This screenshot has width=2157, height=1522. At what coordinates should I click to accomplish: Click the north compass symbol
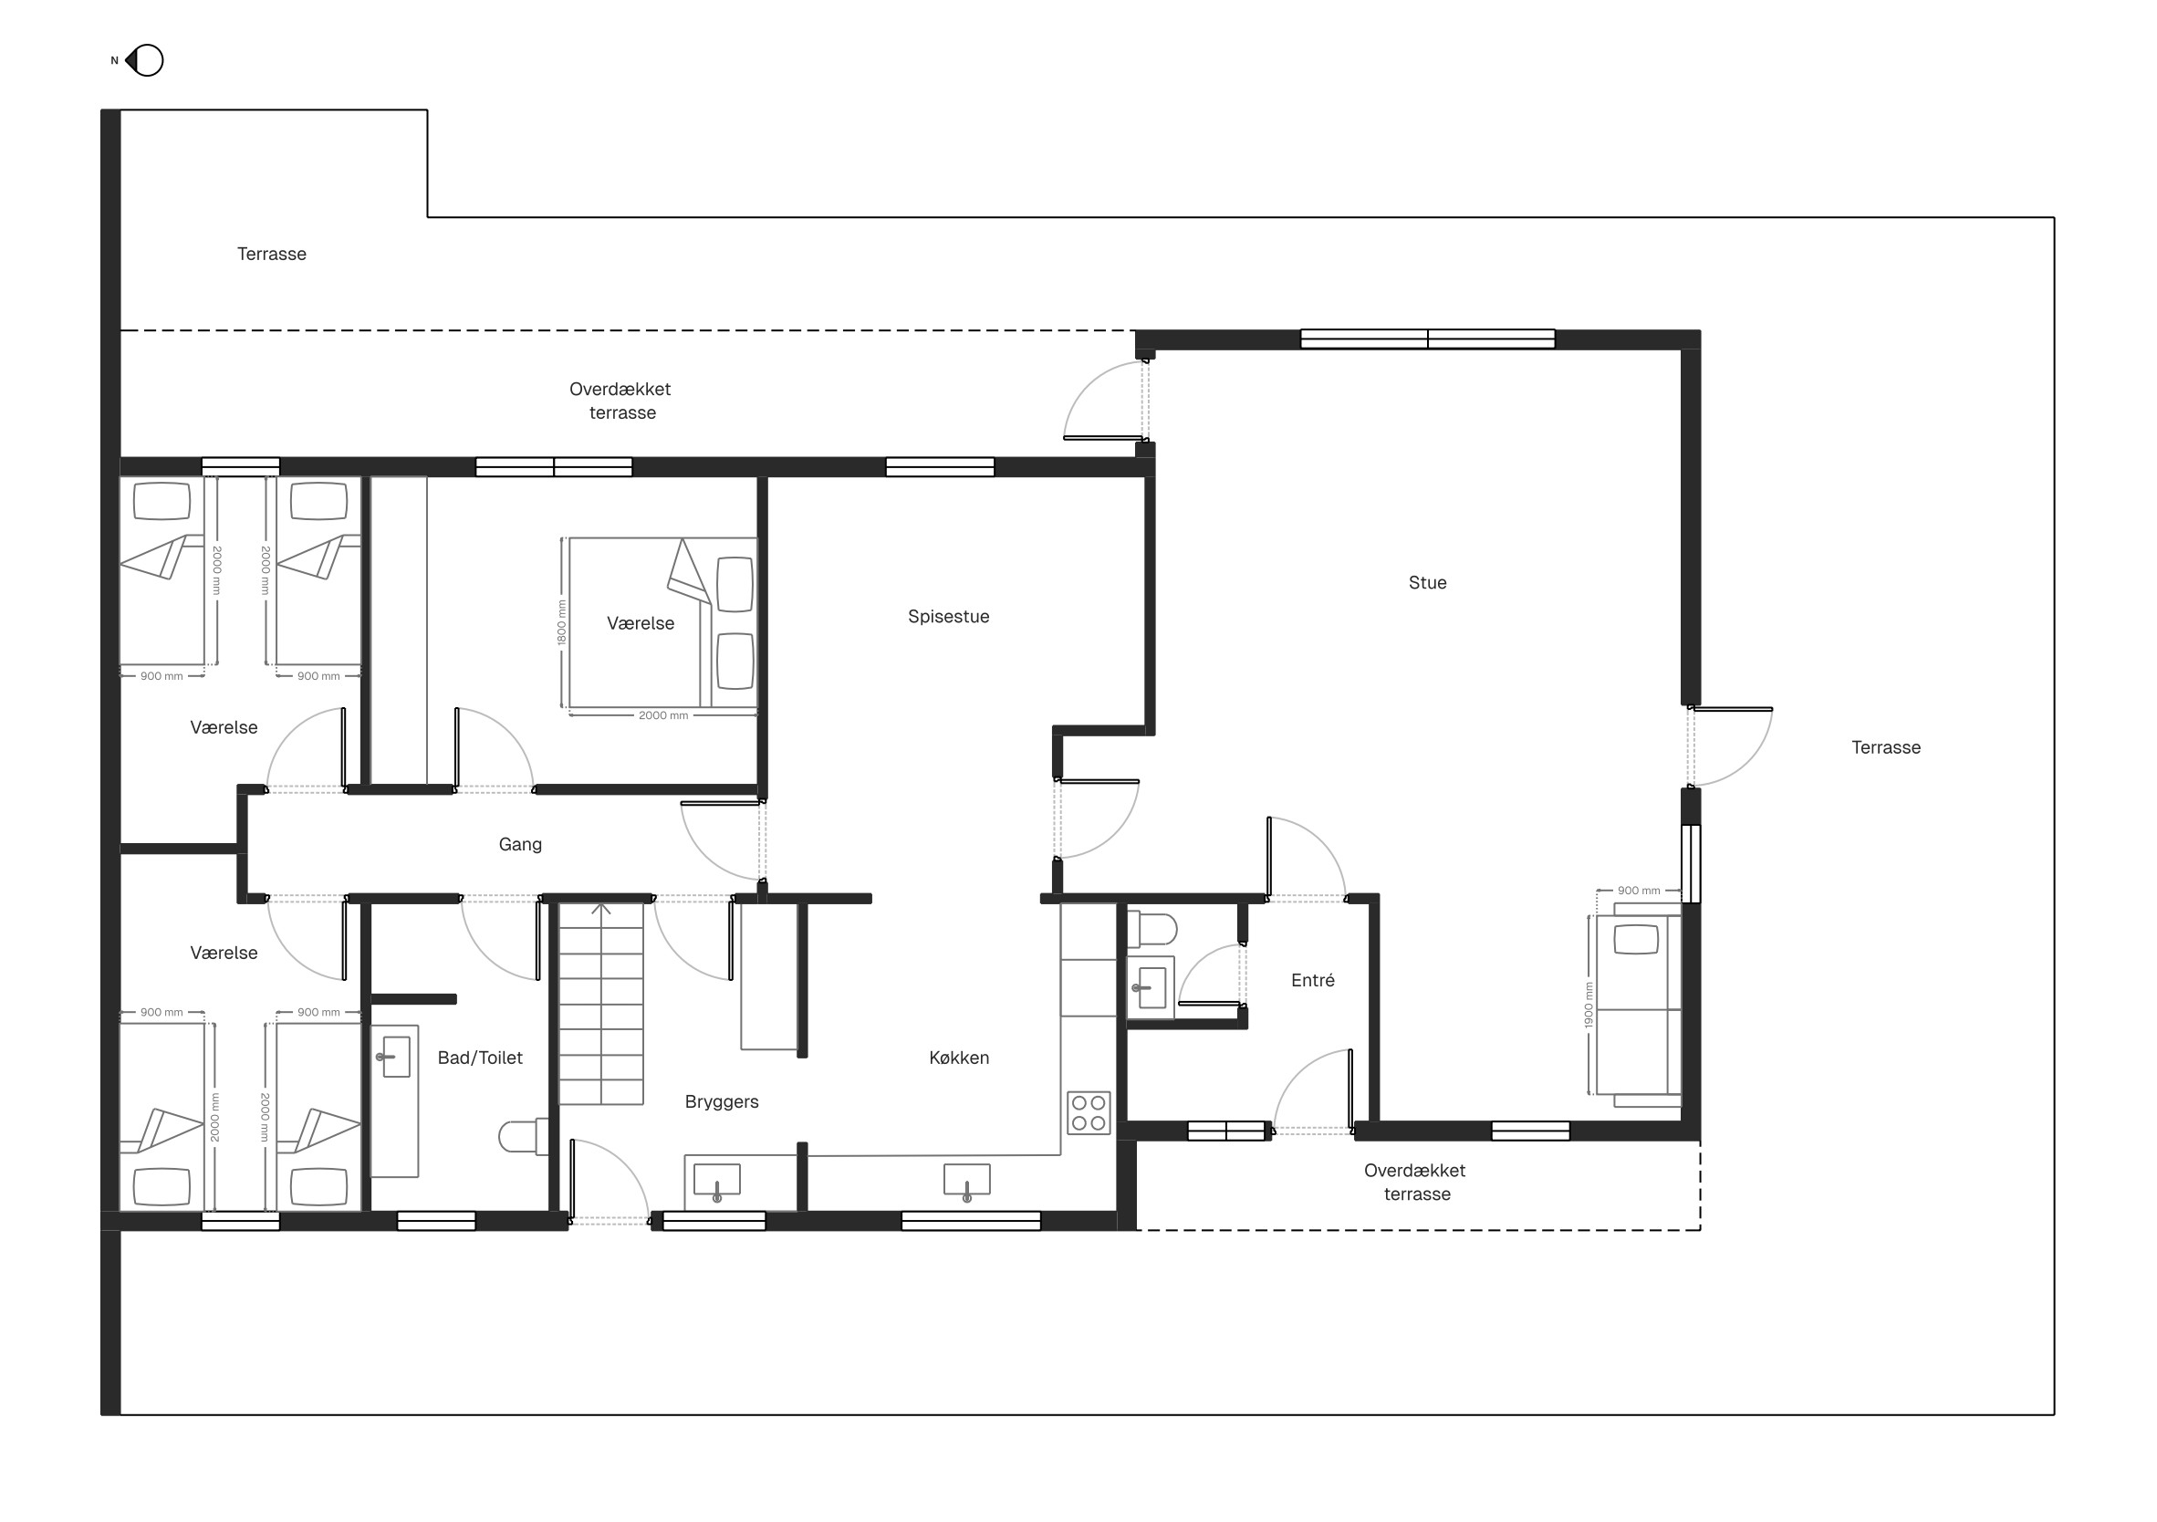click(144, 60)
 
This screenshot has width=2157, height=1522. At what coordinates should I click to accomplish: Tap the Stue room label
click(1427, 582)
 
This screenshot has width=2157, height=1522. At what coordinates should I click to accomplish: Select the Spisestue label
click(948, 616)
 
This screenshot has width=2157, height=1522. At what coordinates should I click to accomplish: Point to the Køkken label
click(958, 1057)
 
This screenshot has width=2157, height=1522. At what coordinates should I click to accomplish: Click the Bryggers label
click(722, 1102)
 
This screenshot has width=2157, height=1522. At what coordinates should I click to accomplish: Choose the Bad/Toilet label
click(480, 1058)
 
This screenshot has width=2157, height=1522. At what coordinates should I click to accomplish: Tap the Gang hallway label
click(519, 845)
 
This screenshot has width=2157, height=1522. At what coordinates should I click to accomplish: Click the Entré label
click(1312, 980)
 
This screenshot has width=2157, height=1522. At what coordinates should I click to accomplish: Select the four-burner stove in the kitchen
click(1089, 1112)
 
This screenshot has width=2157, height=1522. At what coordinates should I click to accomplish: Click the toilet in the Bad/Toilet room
click(523, 1136)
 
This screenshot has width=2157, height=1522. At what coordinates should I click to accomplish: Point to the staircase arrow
click(601, 910)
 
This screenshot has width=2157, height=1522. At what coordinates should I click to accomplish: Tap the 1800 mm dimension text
click(562, 622)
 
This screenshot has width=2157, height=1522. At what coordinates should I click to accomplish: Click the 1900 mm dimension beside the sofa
click(1589, 1006)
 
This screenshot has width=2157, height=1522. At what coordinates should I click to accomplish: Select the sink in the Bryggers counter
click(717, 1183)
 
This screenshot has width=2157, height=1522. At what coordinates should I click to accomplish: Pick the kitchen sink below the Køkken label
click(966, 1183)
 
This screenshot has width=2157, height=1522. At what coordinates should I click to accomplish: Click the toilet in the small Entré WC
click(1151, 929)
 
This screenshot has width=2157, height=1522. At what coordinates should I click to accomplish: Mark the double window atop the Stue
click(1427, 339)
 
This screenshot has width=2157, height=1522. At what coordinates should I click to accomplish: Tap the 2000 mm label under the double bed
click(663, 716)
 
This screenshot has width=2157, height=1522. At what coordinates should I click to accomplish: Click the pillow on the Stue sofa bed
click(1636, 939)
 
